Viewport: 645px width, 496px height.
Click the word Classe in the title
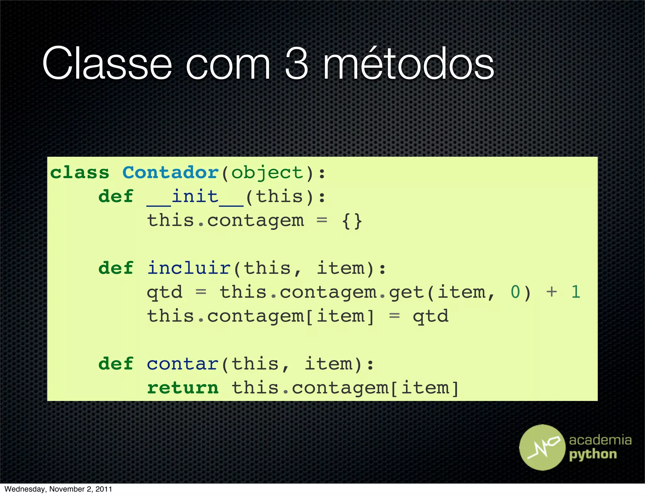(107, 64)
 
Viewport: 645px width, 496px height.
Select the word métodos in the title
(408, 64)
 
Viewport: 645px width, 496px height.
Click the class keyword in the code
(80, 173)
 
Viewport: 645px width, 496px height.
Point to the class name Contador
(170, 173)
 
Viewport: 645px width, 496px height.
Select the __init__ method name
(195, 197)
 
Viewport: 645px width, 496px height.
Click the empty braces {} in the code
(352, 221)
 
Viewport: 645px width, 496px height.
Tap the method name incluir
(189, 268)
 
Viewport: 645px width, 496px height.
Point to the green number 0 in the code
(515, 292)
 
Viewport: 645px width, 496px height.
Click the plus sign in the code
(551, 292)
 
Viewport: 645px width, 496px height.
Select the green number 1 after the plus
(576, 292)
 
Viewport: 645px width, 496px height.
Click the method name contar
(183, 364)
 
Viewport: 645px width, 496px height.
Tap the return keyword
(183, 388)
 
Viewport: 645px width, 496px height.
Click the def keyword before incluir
(116, 268)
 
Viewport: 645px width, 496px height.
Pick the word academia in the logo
(600, 440)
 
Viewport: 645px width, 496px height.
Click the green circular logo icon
(542, 447)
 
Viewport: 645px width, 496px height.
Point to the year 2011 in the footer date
(104, 489)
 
